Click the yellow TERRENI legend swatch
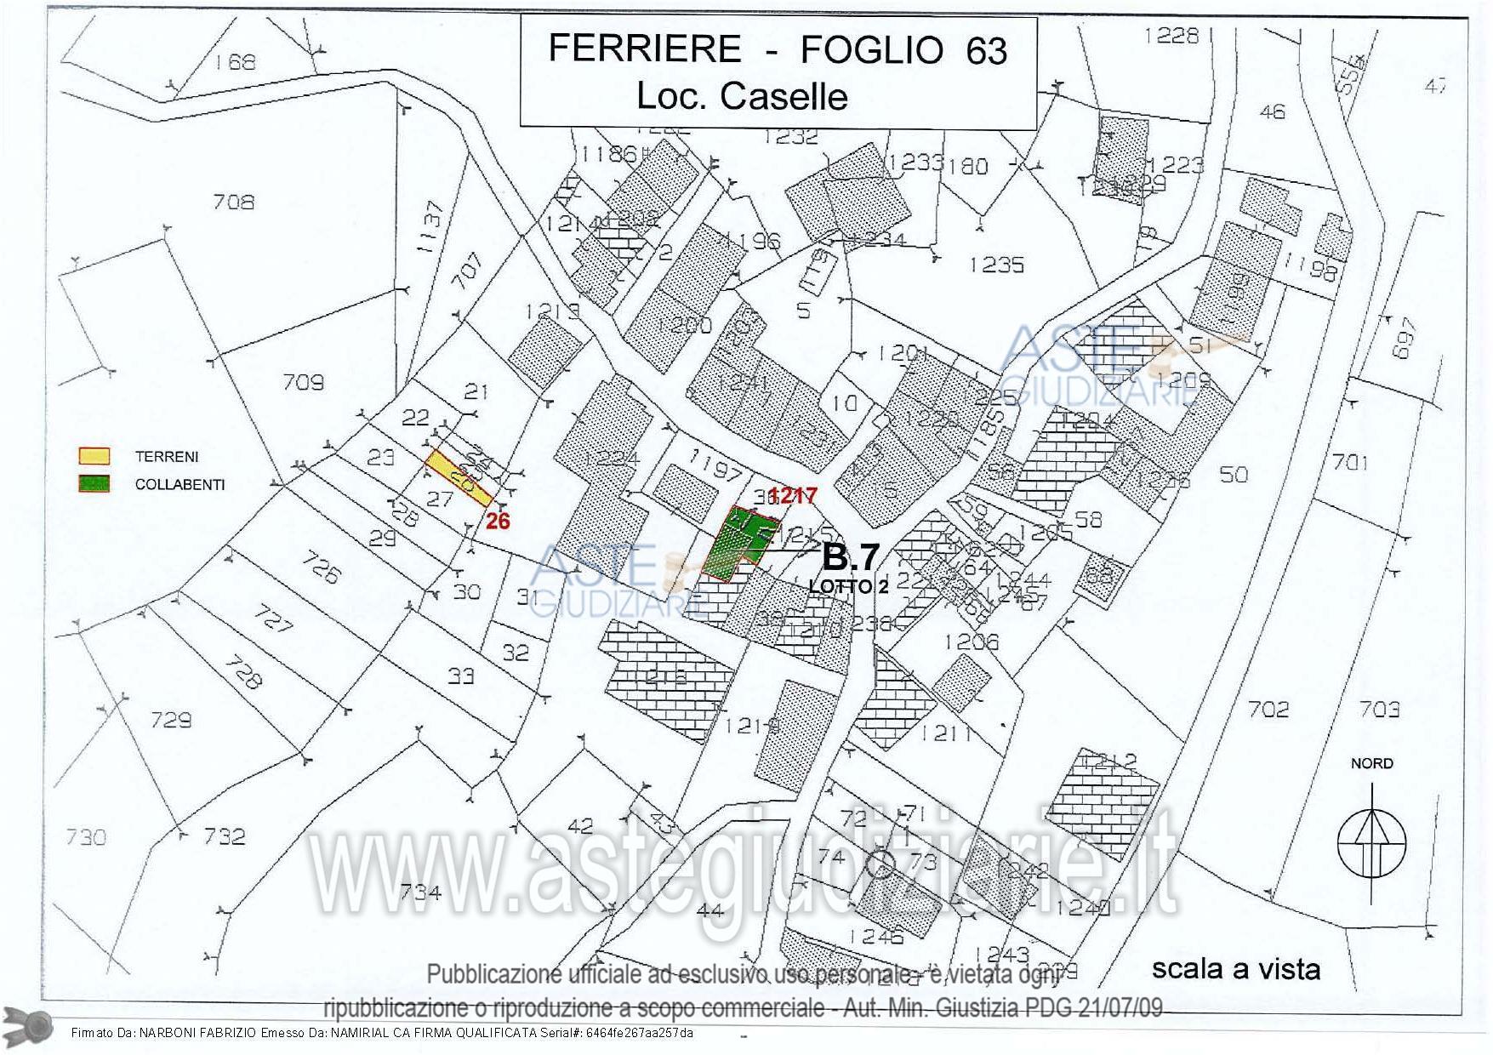coord(94,456)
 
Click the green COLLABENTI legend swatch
coord(94,484)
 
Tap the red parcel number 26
coord(498,521)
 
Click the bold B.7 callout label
coord(850,557)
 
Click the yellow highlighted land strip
coord(459,479)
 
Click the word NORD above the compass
coord(1371,763)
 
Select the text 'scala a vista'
coord(1235,968)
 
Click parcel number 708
coord(233,202)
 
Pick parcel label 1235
coord(996,265)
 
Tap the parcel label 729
coord(171,721)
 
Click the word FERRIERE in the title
coord(644,48)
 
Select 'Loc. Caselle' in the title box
coord(742,96)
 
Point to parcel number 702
coord(1268,709)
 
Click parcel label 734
coord(419,892)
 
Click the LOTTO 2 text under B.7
coord(841,586)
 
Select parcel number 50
coord(1234,474)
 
